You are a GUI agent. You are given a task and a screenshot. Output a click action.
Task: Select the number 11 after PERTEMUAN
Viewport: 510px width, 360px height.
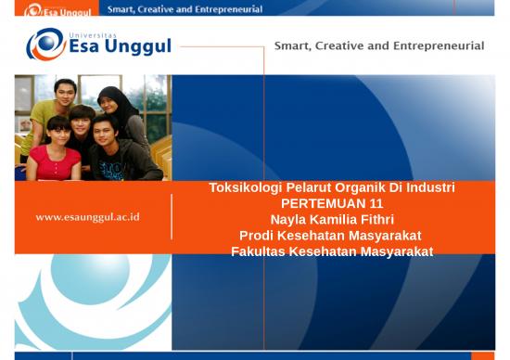point(376,203)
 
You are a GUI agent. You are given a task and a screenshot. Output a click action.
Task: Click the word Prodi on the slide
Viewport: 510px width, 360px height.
point(257,235)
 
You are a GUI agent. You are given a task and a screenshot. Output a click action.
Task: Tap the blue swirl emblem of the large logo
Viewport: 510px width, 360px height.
point(45,44)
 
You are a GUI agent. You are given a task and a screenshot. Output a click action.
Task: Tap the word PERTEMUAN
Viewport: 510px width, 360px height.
point(321,203)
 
